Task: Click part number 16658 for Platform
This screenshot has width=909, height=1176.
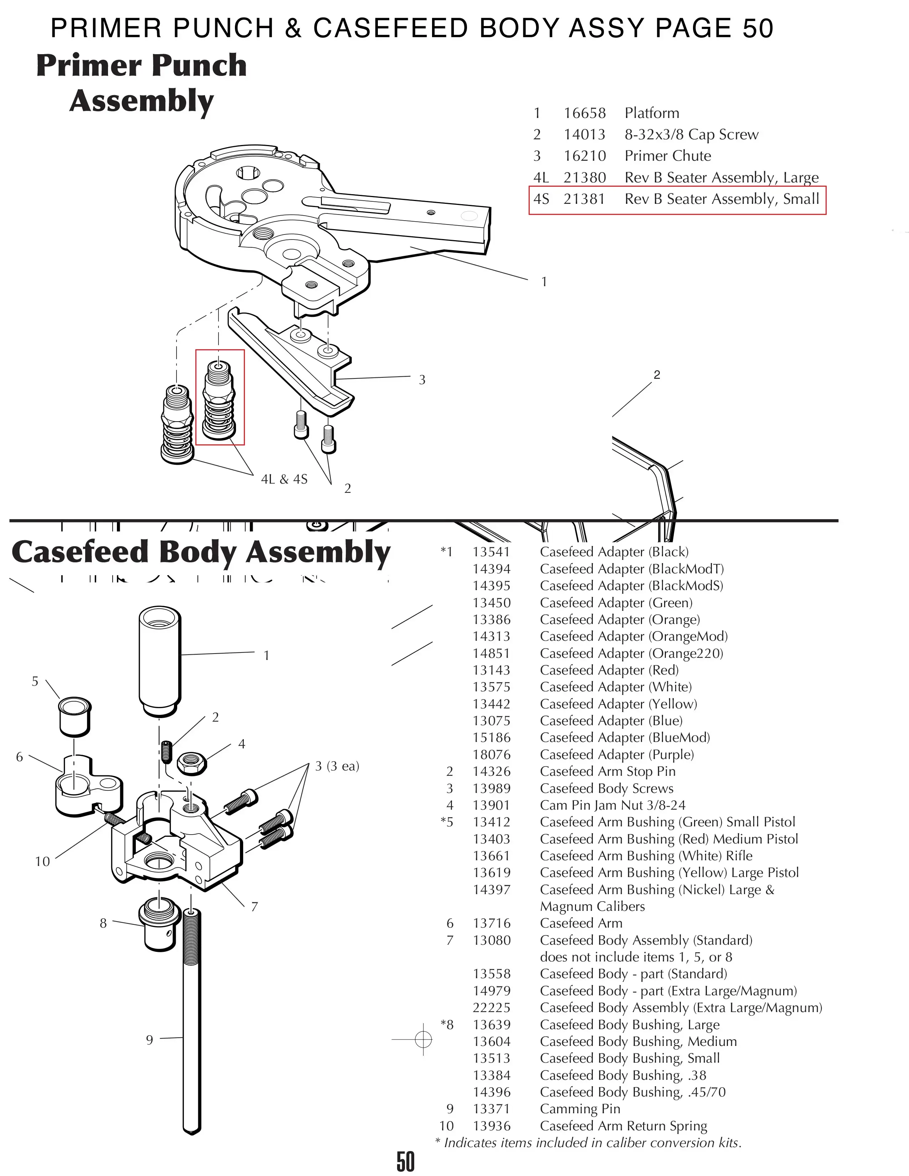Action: (584, 113)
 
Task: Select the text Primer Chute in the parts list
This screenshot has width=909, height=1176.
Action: (667, 156)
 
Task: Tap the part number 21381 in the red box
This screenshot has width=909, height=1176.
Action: (584, 199)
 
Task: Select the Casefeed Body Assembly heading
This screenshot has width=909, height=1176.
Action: (201, 552)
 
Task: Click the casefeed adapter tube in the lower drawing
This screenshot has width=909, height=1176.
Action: (159, 661)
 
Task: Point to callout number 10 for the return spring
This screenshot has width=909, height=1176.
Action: (42, 862)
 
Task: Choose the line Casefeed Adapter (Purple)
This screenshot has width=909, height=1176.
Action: (617, 755)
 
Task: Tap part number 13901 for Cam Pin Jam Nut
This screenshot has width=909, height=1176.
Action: (491, 805)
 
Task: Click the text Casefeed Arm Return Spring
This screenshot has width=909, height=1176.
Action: (623, 1126)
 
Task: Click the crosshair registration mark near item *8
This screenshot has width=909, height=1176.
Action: (423, 1039)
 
